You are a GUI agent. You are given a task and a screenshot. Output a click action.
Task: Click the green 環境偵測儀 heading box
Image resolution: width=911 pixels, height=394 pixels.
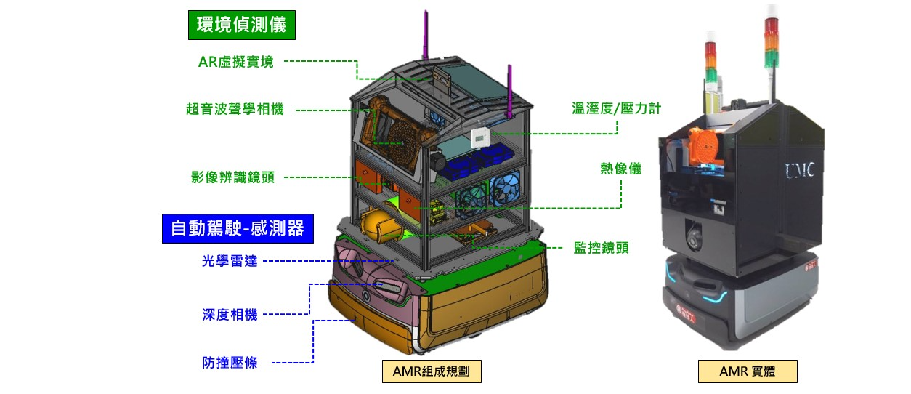pos(242,25)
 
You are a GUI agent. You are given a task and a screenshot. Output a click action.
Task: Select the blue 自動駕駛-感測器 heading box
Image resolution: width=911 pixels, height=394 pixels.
pos(237,228)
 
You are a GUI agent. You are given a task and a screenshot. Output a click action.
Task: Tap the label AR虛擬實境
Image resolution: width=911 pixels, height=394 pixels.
pos(236,62)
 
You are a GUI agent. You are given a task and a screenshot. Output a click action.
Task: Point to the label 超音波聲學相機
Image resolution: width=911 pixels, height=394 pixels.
pos(235,110)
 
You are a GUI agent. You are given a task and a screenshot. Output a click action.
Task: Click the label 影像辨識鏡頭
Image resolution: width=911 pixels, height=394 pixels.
pos(233,177)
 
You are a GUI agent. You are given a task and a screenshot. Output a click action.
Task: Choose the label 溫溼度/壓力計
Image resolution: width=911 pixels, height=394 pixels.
pos(616,109)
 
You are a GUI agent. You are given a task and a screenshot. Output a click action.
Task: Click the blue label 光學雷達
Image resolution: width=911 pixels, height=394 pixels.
pos(230,261)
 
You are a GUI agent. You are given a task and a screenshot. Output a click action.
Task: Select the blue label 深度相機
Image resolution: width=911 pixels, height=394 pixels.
pos(230,315)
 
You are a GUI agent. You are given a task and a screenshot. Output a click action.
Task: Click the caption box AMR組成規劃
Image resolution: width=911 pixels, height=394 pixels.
pos(432,371)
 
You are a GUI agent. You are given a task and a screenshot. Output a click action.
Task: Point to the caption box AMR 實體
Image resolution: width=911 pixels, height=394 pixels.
pos(748,371)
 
